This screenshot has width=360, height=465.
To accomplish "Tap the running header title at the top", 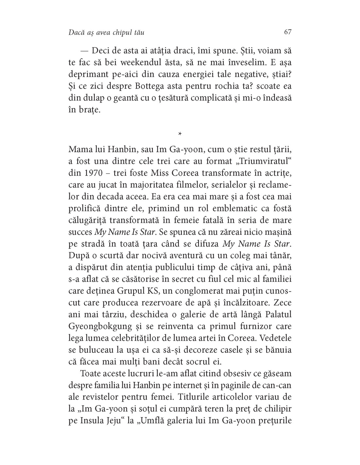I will [107, 32].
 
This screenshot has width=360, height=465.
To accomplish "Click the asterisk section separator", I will [180, 134].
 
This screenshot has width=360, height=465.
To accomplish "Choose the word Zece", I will [280, 302].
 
